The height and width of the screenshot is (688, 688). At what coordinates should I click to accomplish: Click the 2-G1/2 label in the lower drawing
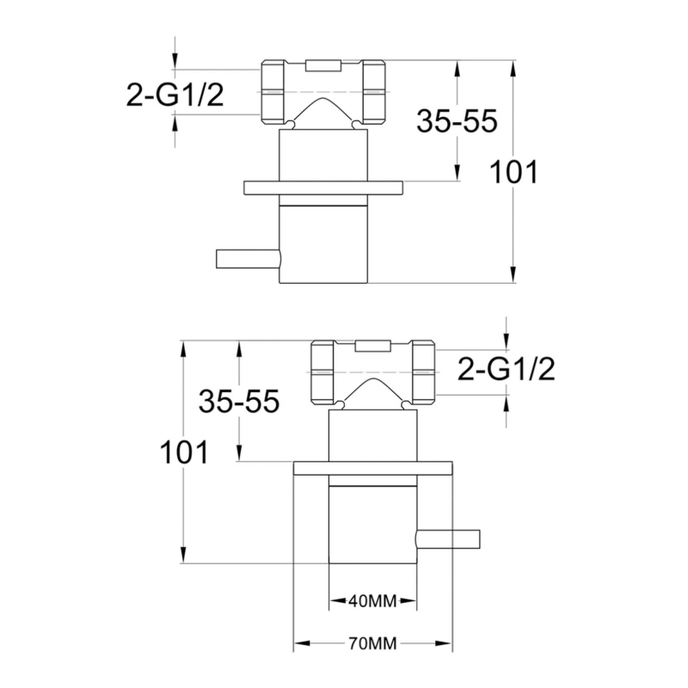pos(507,369)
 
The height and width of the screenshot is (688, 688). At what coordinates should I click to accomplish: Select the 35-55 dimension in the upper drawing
pos(457,121)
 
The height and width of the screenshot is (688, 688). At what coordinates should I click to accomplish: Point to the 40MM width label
pos(372,601)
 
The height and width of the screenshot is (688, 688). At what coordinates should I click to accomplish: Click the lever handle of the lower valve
pos(446,538)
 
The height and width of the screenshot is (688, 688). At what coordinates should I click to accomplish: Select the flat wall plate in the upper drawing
pos(323,187)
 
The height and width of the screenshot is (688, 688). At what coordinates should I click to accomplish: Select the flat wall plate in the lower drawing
pos(372,468)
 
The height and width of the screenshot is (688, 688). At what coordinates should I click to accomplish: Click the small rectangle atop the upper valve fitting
pos(323,64)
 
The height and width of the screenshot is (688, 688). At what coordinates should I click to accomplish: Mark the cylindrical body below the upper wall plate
pos(323,245)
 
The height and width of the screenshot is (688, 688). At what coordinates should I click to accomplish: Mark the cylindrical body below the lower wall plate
pos(372,525)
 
